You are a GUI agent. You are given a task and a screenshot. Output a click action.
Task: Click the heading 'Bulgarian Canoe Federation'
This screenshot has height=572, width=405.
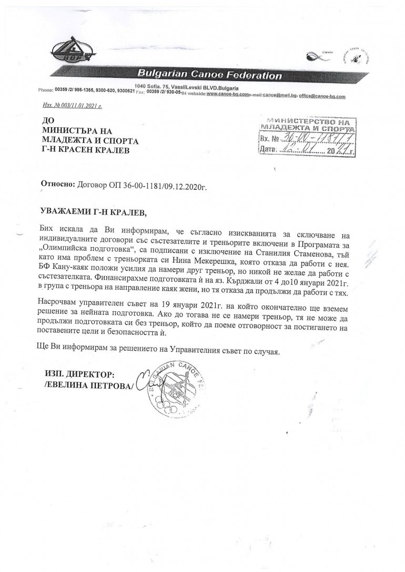209,75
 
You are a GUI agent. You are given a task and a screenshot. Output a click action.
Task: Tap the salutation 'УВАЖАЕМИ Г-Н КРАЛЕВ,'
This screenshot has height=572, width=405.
95,212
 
